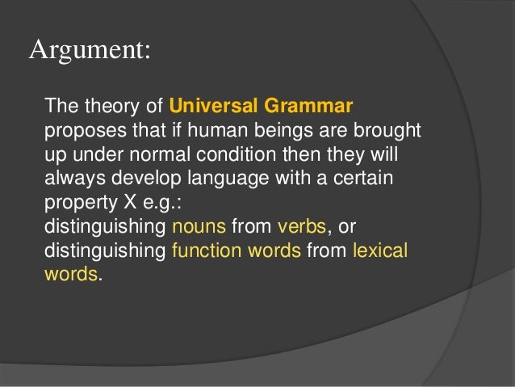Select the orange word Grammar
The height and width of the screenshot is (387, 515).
coord(315,106)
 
